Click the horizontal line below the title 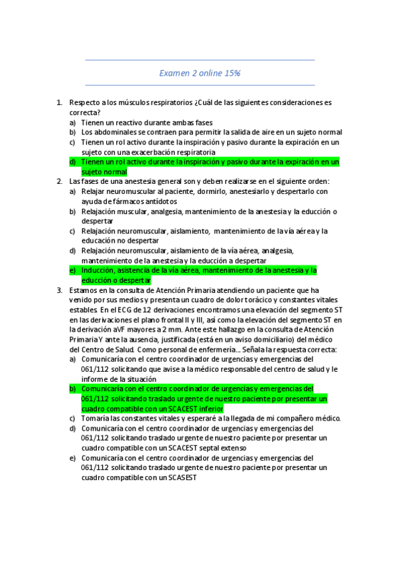(x=200, y=85)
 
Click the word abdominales (x=113, y=132)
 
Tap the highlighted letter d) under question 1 (x=72, y=162)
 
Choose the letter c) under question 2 (x=72, y=231)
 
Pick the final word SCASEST (x=179, y=477)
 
